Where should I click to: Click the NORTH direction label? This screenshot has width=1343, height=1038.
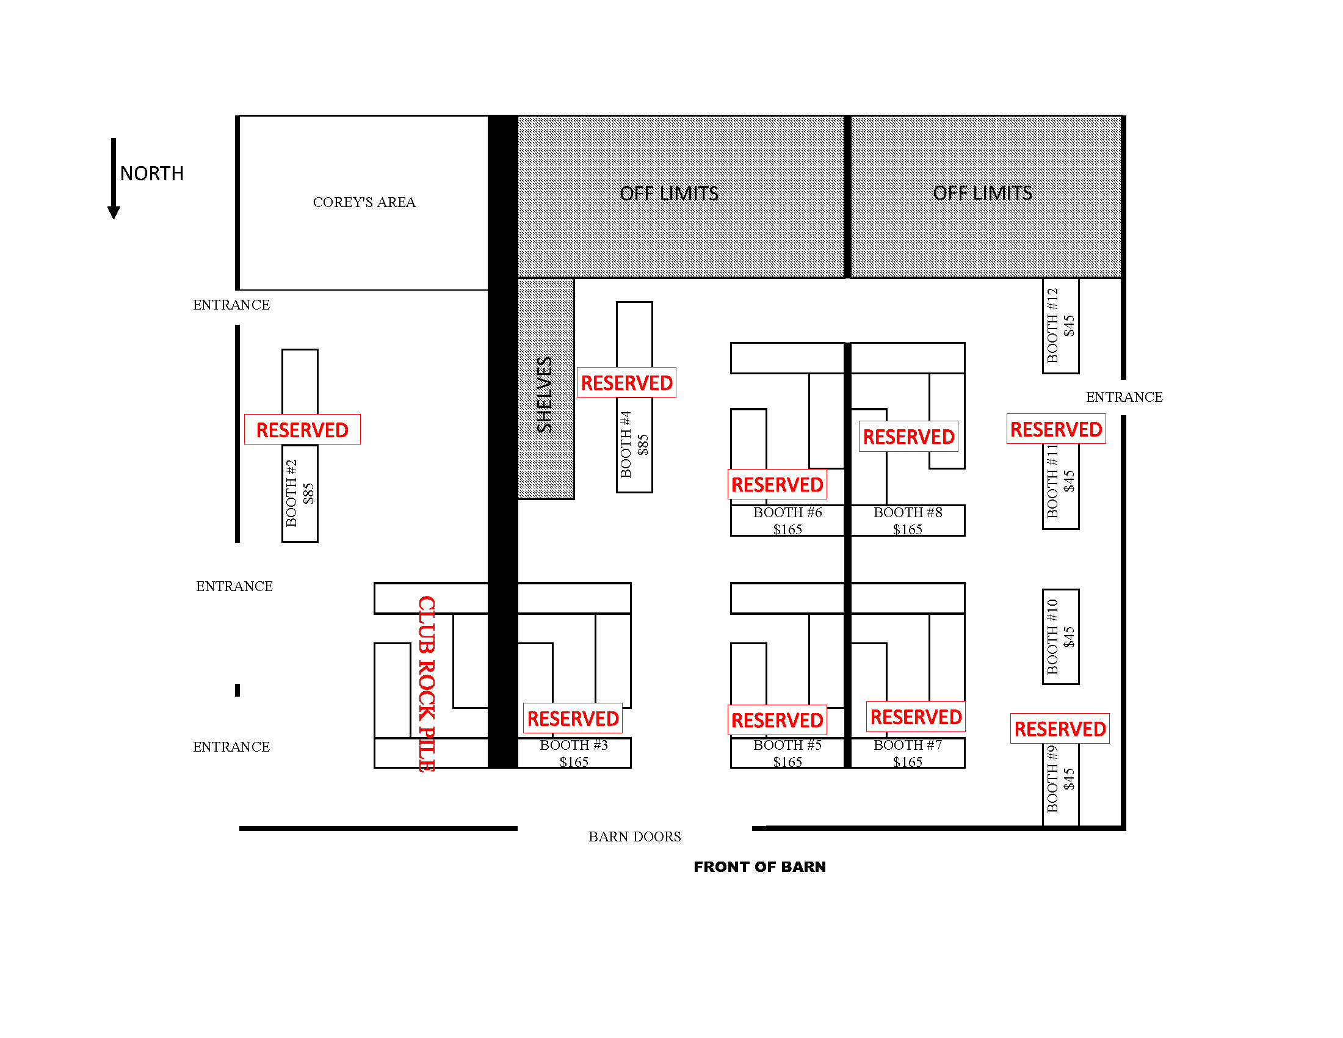152,173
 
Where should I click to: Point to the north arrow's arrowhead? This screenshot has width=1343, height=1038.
114,212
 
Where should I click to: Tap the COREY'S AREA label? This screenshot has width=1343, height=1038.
364,202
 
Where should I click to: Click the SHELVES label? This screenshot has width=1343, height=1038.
545,395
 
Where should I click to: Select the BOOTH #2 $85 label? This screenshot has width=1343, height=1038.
300,493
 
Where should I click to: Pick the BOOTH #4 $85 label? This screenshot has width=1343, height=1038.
634,444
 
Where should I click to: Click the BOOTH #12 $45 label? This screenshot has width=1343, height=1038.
1061,325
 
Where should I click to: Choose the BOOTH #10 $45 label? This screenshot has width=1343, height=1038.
1061,636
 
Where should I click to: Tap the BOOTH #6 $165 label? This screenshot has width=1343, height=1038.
787,520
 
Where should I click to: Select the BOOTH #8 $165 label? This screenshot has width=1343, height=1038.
908,520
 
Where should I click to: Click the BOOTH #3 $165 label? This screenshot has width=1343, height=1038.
574,753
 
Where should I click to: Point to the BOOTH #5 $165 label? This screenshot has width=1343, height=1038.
787,753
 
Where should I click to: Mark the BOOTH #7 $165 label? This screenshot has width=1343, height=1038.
908,753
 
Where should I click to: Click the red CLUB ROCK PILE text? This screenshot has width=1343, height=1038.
427,683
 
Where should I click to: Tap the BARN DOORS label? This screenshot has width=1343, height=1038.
635,837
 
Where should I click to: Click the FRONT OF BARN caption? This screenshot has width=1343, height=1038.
760,866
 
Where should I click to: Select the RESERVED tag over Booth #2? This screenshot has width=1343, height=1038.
303,429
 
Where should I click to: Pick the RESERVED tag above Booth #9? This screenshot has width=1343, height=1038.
1060,728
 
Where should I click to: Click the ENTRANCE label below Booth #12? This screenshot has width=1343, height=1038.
1124,397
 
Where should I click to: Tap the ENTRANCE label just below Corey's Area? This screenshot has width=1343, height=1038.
231,305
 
